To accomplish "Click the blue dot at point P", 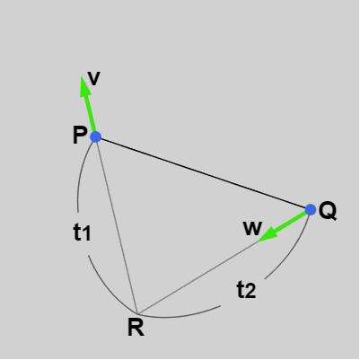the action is pos(96,136).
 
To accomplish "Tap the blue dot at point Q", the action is pos(311,209).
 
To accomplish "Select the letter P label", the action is pos(80,135).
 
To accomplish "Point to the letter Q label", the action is pos(328,211).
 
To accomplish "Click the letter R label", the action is pos(136,328).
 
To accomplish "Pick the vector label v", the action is pos(94,79).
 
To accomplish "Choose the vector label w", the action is pos(253,228).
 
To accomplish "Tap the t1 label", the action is pos(82,233).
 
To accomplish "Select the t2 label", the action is pos(246,290).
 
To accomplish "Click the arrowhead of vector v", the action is pos(84,86).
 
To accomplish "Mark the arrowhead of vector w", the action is pos(268,234).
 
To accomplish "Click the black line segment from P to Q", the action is pos(203,173).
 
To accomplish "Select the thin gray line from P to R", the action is pos(117,225).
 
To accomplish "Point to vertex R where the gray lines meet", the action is pos(137,313).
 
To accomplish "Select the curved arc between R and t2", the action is pos(180,316).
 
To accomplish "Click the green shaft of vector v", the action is pos(91,113).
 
